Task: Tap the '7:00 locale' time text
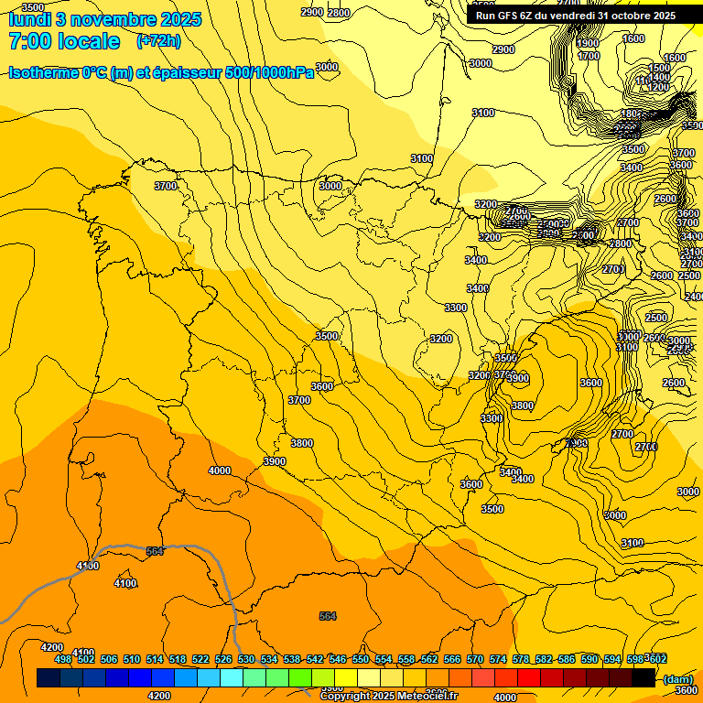click(x=63, y=41)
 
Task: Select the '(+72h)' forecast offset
click(x=158, y=41)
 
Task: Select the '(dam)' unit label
click(x=678, y=679)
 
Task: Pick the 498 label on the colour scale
click(x=62, y=659)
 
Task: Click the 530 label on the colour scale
click(x=246, y=659)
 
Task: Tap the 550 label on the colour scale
click(x=361, y=659)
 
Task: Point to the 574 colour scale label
click(x=498, y=659)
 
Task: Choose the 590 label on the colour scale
click(x=589, y=659)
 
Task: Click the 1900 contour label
click(x=588, y=43)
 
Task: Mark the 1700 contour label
click(x=589, y=56)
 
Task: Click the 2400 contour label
click(x=694, y=297)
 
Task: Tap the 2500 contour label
click(x=656, y=318)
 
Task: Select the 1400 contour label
click(x=660, y=77)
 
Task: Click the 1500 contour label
click(x=659, y=68)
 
